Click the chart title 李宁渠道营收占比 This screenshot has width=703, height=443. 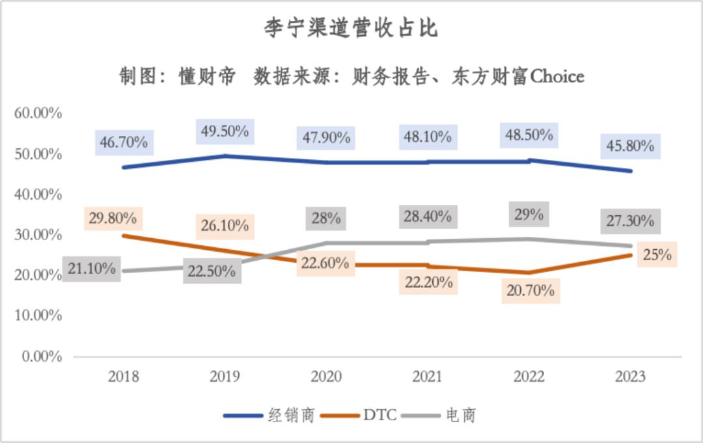pos(351,28)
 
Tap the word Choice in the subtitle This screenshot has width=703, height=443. pos(557,77)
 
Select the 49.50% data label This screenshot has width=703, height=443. pos(225,131)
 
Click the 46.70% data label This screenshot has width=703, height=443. pos(123,141)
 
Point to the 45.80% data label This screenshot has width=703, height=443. pos(630,146)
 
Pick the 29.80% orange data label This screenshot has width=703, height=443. pos(113,219)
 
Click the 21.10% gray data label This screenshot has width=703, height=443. pos(91,268)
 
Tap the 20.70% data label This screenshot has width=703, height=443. pos(531,290)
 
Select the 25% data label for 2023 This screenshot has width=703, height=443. pos(657,254)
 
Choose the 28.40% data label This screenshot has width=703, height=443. pos(427,216)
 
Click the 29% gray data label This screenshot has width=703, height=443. pos(528,214)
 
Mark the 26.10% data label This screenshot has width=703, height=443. pos(225,226)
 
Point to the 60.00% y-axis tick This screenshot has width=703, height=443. pos(38,113)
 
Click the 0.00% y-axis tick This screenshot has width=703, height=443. pos(41,356)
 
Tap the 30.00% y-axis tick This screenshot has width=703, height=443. pos(38,235)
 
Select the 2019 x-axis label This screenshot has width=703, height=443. pos(225,377)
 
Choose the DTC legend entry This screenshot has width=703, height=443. pos(379,415)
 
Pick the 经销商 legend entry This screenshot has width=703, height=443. pos(292,415)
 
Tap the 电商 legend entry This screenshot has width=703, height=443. pos(461,415)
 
